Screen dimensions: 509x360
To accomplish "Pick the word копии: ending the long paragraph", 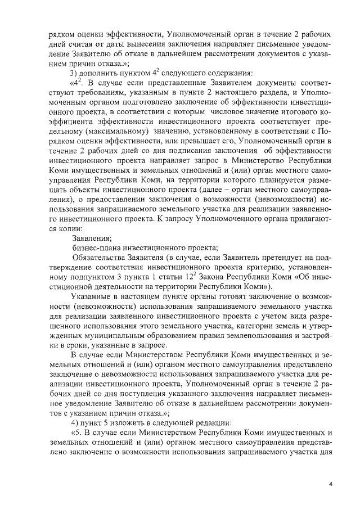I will [70, 226].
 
